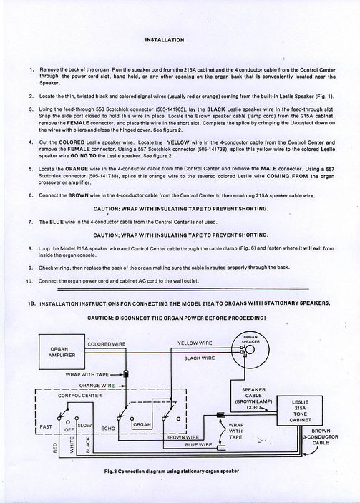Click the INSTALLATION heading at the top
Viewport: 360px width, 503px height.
(165, 40)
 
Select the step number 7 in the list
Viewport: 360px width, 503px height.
(30, 222)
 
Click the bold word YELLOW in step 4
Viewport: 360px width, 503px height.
(178, 142)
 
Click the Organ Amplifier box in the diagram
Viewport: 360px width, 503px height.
(62, 351)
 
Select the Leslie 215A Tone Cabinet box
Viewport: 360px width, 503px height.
(300, 411)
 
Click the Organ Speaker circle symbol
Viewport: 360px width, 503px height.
(250, 349)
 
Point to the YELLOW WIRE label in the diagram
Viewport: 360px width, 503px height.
(195, 343)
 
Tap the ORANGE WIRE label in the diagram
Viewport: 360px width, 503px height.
(97, 385)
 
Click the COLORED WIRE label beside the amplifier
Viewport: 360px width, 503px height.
(107, 344)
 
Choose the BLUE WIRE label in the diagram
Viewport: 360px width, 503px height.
(198, 444)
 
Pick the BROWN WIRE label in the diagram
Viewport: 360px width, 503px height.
(183, 437)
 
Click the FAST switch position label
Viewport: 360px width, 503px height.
(46, 426)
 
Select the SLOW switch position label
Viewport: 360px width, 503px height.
(84, 426)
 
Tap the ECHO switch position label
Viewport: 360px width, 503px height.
(108, 429)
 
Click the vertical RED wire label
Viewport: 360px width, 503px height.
(55, 448)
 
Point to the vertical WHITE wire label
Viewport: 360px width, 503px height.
(72, 445)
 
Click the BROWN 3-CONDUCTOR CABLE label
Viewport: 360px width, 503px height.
(321, 437)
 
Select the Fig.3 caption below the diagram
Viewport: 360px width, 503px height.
(172, 472)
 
